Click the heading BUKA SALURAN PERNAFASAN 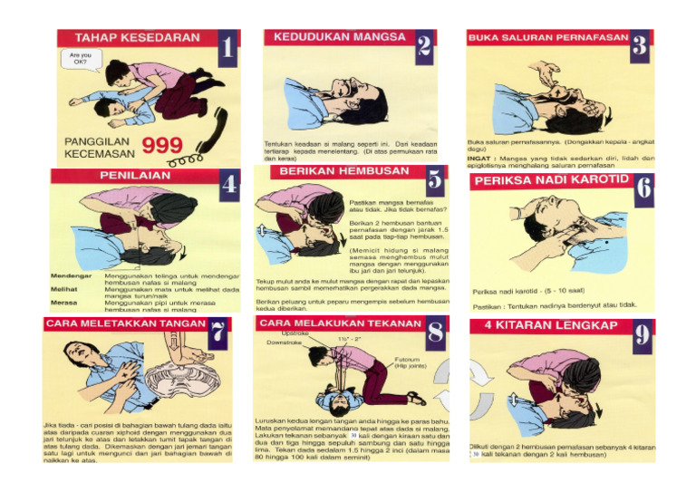[x=547, y=38]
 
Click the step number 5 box [x=435, y=180]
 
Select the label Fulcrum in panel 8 [x=408, y=359]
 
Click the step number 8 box [x=436, y=332]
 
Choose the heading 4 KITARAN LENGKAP [x=550, y=324]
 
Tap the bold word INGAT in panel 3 [x=479, y=158]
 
